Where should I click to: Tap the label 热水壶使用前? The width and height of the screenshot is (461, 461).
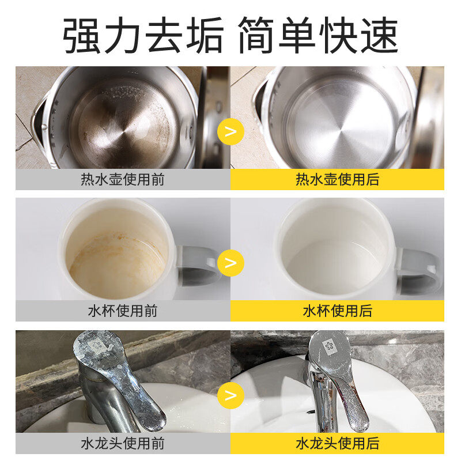pos(122,179)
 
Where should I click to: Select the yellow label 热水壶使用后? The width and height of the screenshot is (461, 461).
pos(337,179)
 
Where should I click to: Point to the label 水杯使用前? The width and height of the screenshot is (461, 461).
pos(122,311)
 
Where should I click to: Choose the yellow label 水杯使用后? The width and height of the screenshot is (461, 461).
pos(337,311)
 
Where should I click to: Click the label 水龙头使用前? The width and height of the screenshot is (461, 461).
pos(122,443)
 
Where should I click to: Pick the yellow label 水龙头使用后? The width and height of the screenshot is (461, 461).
pos(337,443)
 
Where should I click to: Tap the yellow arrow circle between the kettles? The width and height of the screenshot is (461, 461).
pos(231,131)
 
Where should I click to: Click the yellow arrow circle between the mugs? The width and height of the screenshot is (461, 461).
pos(231,263)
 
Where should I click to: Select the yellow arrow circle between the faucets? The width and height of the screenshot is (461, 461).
pos(231,395)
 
